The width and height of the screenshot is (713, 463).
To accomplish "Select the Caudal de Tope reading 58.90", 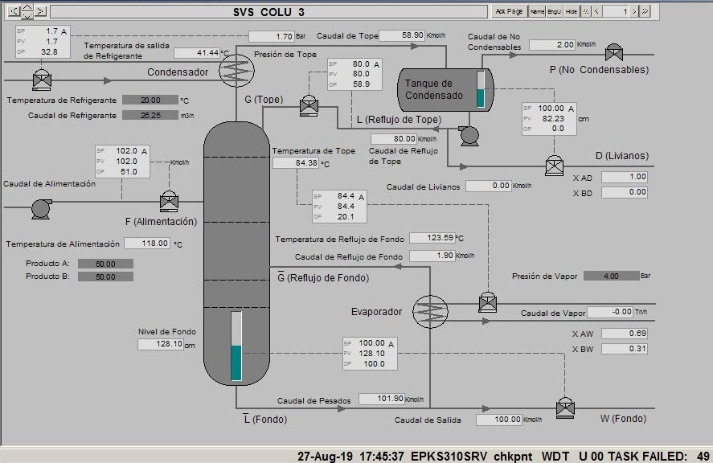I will coord(402,35).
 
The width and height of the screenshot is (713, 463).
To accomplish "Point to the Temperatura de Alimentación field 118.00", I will coord(146,243).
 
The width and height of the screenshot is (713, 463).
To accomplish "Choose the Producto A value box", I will coord(105,264).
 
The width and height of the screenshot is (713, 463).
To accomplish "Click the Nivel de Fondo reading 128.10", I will coord(160,344).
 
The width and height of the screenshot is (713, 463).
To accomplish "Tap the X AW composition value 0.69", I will coord(624,334).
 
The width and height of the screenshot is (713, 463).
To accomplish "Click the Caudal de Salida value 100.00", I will coord(498,420).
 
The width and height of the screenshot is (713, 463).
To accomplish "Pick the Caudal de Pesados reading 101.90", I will coord(381,399).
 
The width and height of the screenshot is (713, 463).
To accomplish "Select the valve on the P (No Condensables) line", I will coord(614,53).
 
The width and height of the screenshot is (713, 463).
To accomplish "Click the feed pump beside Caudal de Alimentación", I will coord(41,208).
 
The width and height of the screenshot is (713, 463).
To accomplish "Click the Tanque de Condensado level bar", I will coord(481,89).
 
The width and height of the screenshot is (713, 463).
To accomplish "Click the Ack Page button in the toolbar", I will coord(509,11).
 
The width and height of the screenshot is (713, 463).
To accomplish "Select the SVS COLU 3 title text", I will coord(269,11).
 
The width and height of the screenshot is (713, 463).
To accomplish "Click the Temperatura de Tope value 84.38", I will coord(295,163).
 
